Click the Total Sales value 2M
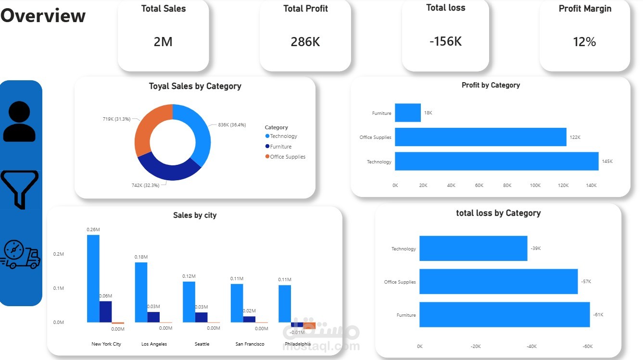point(163,42)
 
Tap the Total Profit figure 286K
point(305,42)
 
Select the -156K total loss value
point(445,41)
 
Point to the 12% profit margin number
point(584,42)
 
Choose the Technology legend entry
point(283,136)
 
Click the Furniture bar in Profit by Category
point(407,113)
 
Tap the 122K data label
point(575,137)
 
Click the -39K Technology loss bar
point(473,248)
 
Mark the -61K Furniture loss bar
point(504,315)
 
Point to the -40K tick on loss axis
point(531,347)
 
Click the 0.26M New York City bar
point(93,279)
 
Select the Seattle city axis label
point(202,344)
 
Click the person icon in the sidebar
point(19,122)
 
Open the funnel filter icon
point(19,189)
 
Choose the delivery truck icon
point(20,255)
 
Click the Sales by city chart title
point(195,215)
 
